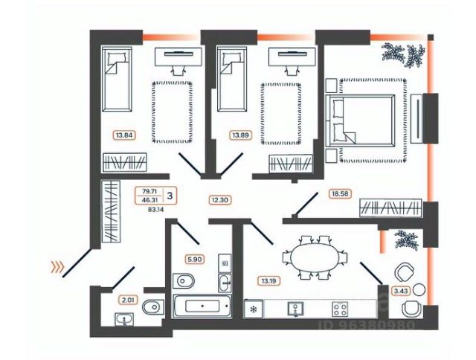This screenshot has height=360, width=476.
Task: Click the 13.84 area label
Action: (123, 135)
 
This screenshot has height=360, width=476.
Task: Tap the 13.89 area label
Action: (239, 135)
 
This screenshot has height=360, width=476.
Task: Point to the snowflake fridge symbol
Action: (254, 308)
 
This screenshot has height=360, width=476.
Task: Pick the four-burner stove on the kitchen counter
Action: (341, 307)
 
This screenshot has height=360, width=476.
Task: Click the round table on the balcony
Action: (419, 289)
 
